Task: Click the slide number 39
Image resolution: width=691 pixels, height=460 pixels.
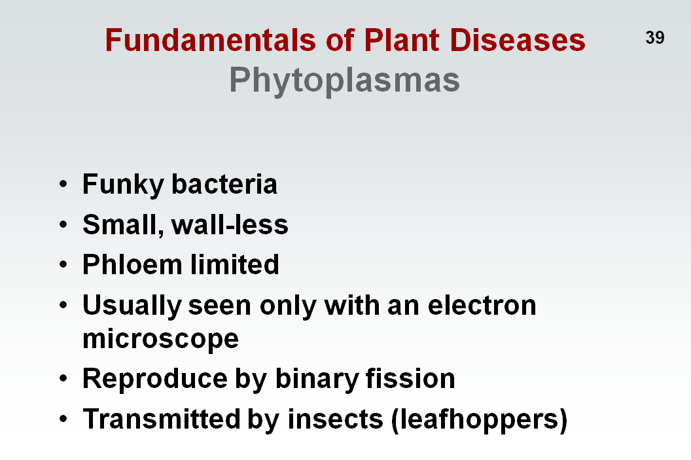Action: (655, 37)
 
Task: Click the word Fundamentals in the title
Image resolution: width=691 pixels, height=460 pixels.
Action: (211, 40)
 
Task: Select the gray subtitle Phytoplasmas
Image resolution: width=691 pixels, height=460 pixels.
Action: (344, 80)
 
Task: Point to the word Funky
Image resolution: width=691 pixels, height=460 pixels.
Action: (123, 185)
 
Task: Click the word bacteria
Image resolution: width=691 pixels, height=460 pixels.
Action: (224, 184)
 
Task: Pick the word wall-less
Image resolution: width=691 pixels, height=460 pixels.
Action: (230, 224)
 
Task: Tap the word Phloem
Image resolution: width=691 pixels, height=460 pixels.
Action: (132, 264)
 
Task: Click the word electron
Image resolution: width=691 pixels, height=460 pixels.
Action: (482, 306)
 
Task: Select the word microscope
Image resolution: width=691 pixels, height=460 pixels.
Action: (161, 340)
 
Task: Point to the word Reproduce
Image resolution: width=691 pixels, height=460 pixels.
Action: (154, 379)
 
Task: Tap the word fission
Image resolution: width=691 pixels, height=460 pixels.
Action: (410, 378)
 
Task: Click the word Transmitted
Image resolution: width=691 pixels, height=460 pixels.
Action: (162, 419)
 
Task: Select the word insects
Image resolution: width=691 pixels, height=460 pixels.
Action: (336, 419)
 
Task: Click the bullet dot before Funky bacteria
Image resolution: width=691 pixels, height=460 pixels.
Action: (63, 184)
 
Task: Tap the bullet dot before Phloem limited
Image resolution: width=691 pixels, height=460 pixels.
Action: (63, 264)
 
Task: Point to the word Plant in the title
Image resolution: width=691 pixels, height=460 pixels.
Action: (401, 40)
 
